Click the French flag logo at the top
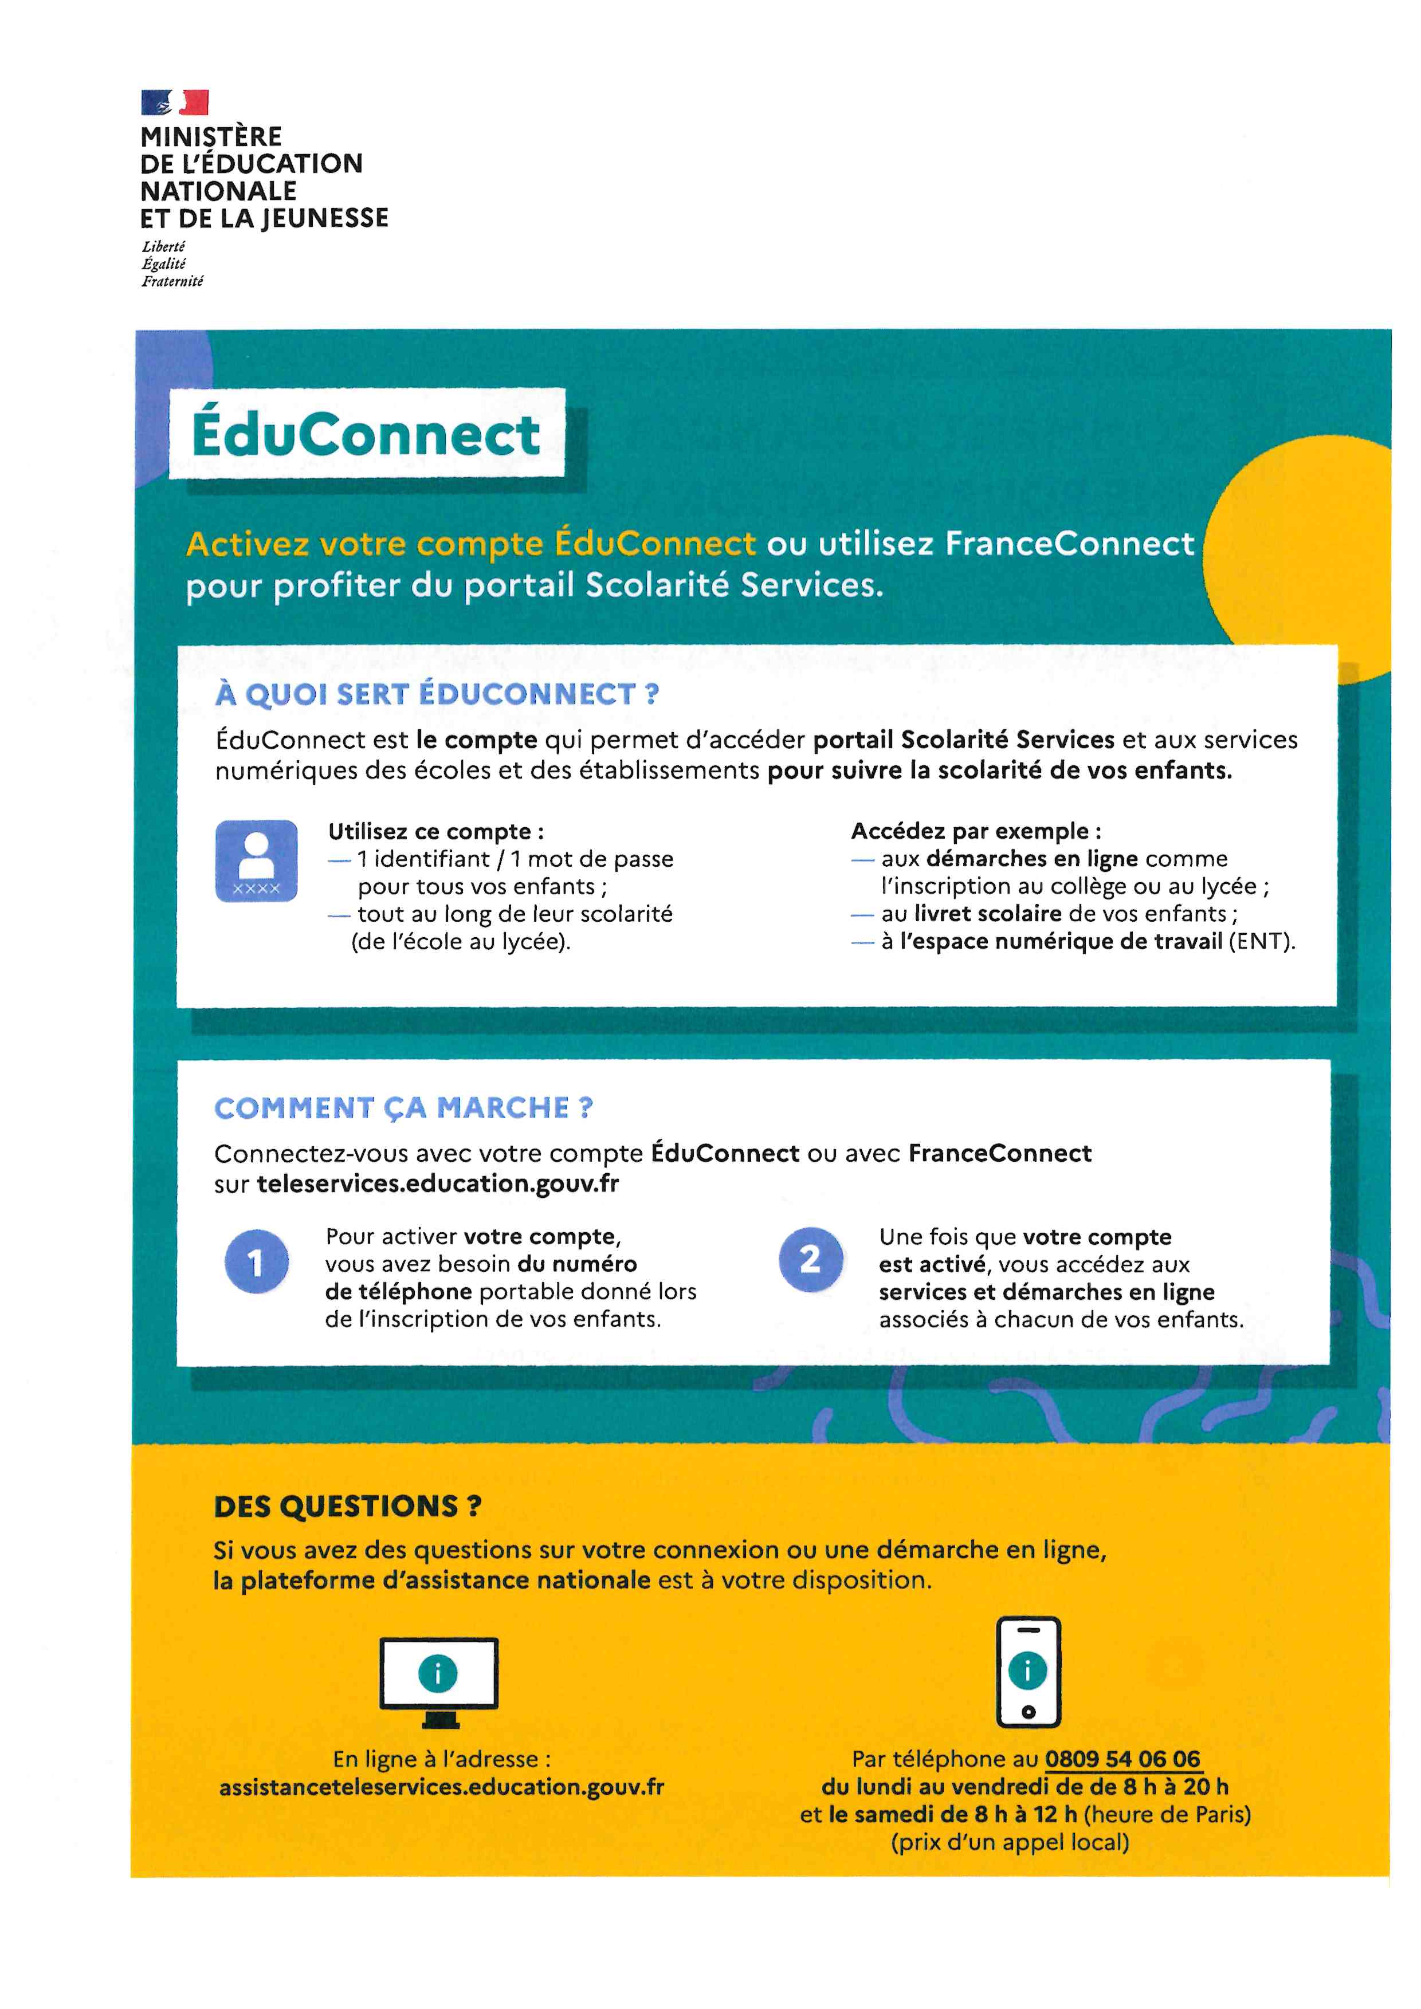click(175, 103)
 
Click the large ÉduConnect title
click(366, 434)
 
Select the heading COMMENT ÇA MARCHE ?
click(403, 1108)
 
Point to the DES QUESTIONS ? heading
click(347, 1506)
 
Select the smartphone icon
click(1028, 1671)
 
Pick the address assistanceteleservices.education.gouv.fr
click(441, 1787)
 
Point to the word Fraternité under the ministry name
click(172, 281)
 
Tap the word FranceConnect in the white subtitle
click(1069, 544)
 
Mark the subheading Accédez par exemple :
click(976, 831)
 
